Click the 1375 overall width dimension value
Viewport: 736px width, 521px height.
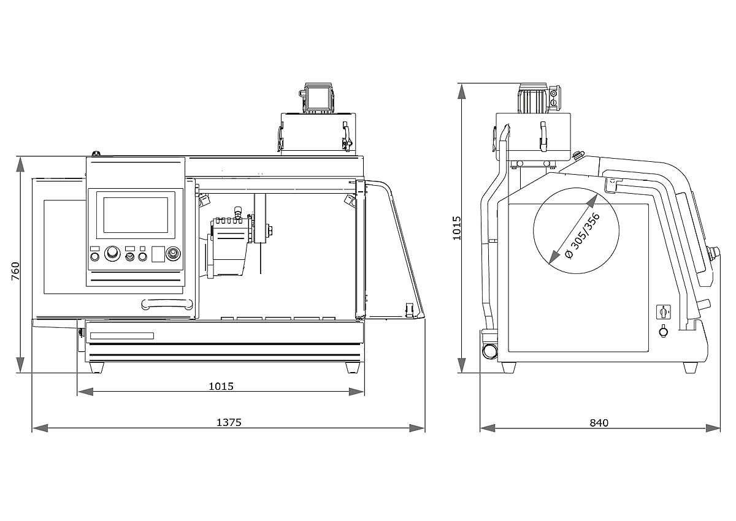click(229, 422)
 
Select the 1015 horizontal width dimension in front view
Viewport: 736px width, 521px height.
click(221, 386)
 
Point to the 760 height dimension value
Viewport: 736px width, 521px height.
click(16, 272)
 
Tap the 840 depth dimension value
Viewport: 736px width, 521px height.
click(599, 422)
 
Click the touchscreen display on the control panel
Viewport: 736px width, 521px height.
click(136, 215)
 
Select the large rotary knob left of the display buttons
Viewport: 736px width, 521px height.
click(112, 254)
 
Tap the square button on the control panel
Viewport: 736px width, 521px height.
click(158, 254)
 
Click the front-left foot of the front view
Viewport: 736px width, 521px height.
click(97, 367)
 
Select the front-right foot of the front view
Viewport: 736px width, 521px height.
click(353, 367)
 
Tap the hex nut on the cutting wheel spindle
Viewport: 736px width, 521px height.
click(268, 230)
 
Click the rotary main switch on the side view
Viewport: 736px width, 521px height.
click(663, 312)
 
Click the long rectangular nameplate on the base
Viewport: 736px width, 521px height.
click(121, 335)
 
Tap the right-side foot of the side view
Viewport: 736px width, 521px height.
click(691, 367)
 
